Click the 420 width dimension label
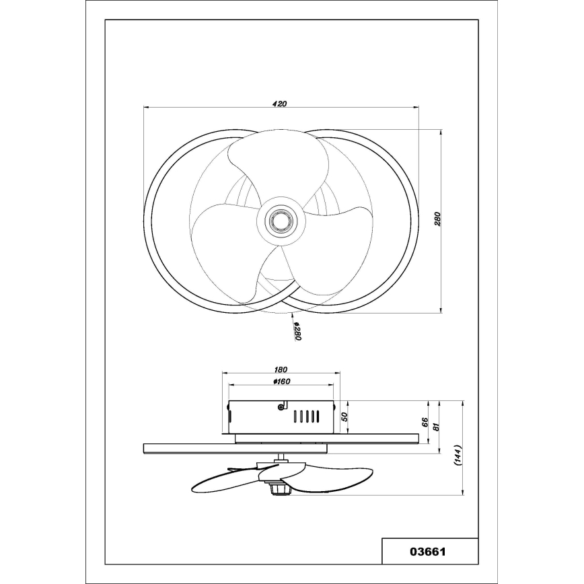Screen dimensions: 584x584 [x=280, y=104]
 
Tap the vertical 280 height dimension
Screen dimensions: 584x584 [x=437, y=220]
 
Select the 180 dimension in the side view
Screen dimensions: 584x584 [x=281, y=369]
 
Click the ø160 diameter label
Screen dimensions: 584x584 [x=281, y=383]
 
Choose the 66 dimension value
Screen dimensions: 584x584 [x=425, y=422]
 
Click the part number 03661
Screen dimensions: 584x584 [x=429, y=552]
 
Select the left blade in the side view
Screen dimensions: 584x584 [x=225, y=482]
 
